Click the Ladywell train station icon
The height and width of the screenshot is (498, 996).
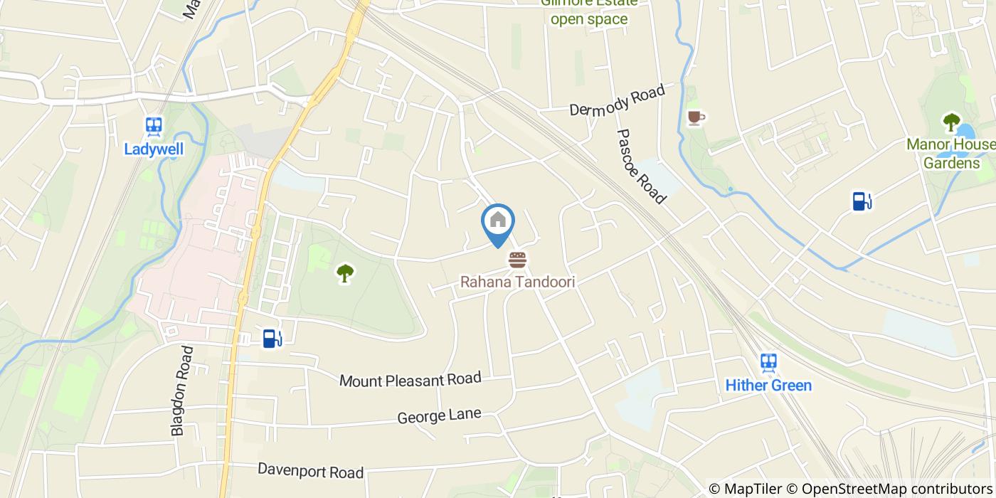pyautogui.click(x=153, y=127)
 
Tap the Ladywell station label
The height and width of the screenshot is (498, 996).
pyautogui.click(x=154, y=149)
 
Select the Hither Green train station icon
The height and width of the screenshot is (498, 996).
pyautogui.click(x=768, y=364)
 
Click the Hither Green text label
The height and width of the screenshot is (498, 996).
pyautogui.click(x=768, y=386)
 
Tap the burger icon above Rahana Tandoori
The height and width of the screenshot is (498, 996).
pyautogui.click(x=517, y=260)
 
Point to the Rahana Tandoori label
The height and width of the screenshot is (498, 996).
pyautogui.click(x=517, y=282)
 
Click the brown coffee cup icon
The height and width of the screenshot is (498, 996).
pyautogui.click(x=695, y=117)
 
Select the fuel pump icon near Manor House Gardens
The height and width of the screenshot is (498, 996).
pyautogui.click(x=862, y=201)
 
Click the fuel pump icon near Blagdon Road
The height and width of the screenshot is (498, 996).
pyautogui.click(x=272, y=338)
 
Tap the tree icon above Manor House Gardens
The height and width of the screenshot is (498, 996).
pyautogui.click(x=951, y=122)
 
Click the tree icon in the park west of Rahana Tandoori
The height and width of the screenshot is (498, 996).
pyautogui.click(x=345, y=272)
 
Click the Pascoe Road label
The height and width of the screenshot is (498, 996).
pyautogui.click(x=640, y=166)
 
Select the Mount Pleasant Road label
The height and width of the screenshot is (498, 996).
pyautogui.click(x=410, y=380)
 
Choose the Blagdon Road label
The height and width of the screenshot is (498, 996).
pyautogui.click(x=182, y=391)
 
